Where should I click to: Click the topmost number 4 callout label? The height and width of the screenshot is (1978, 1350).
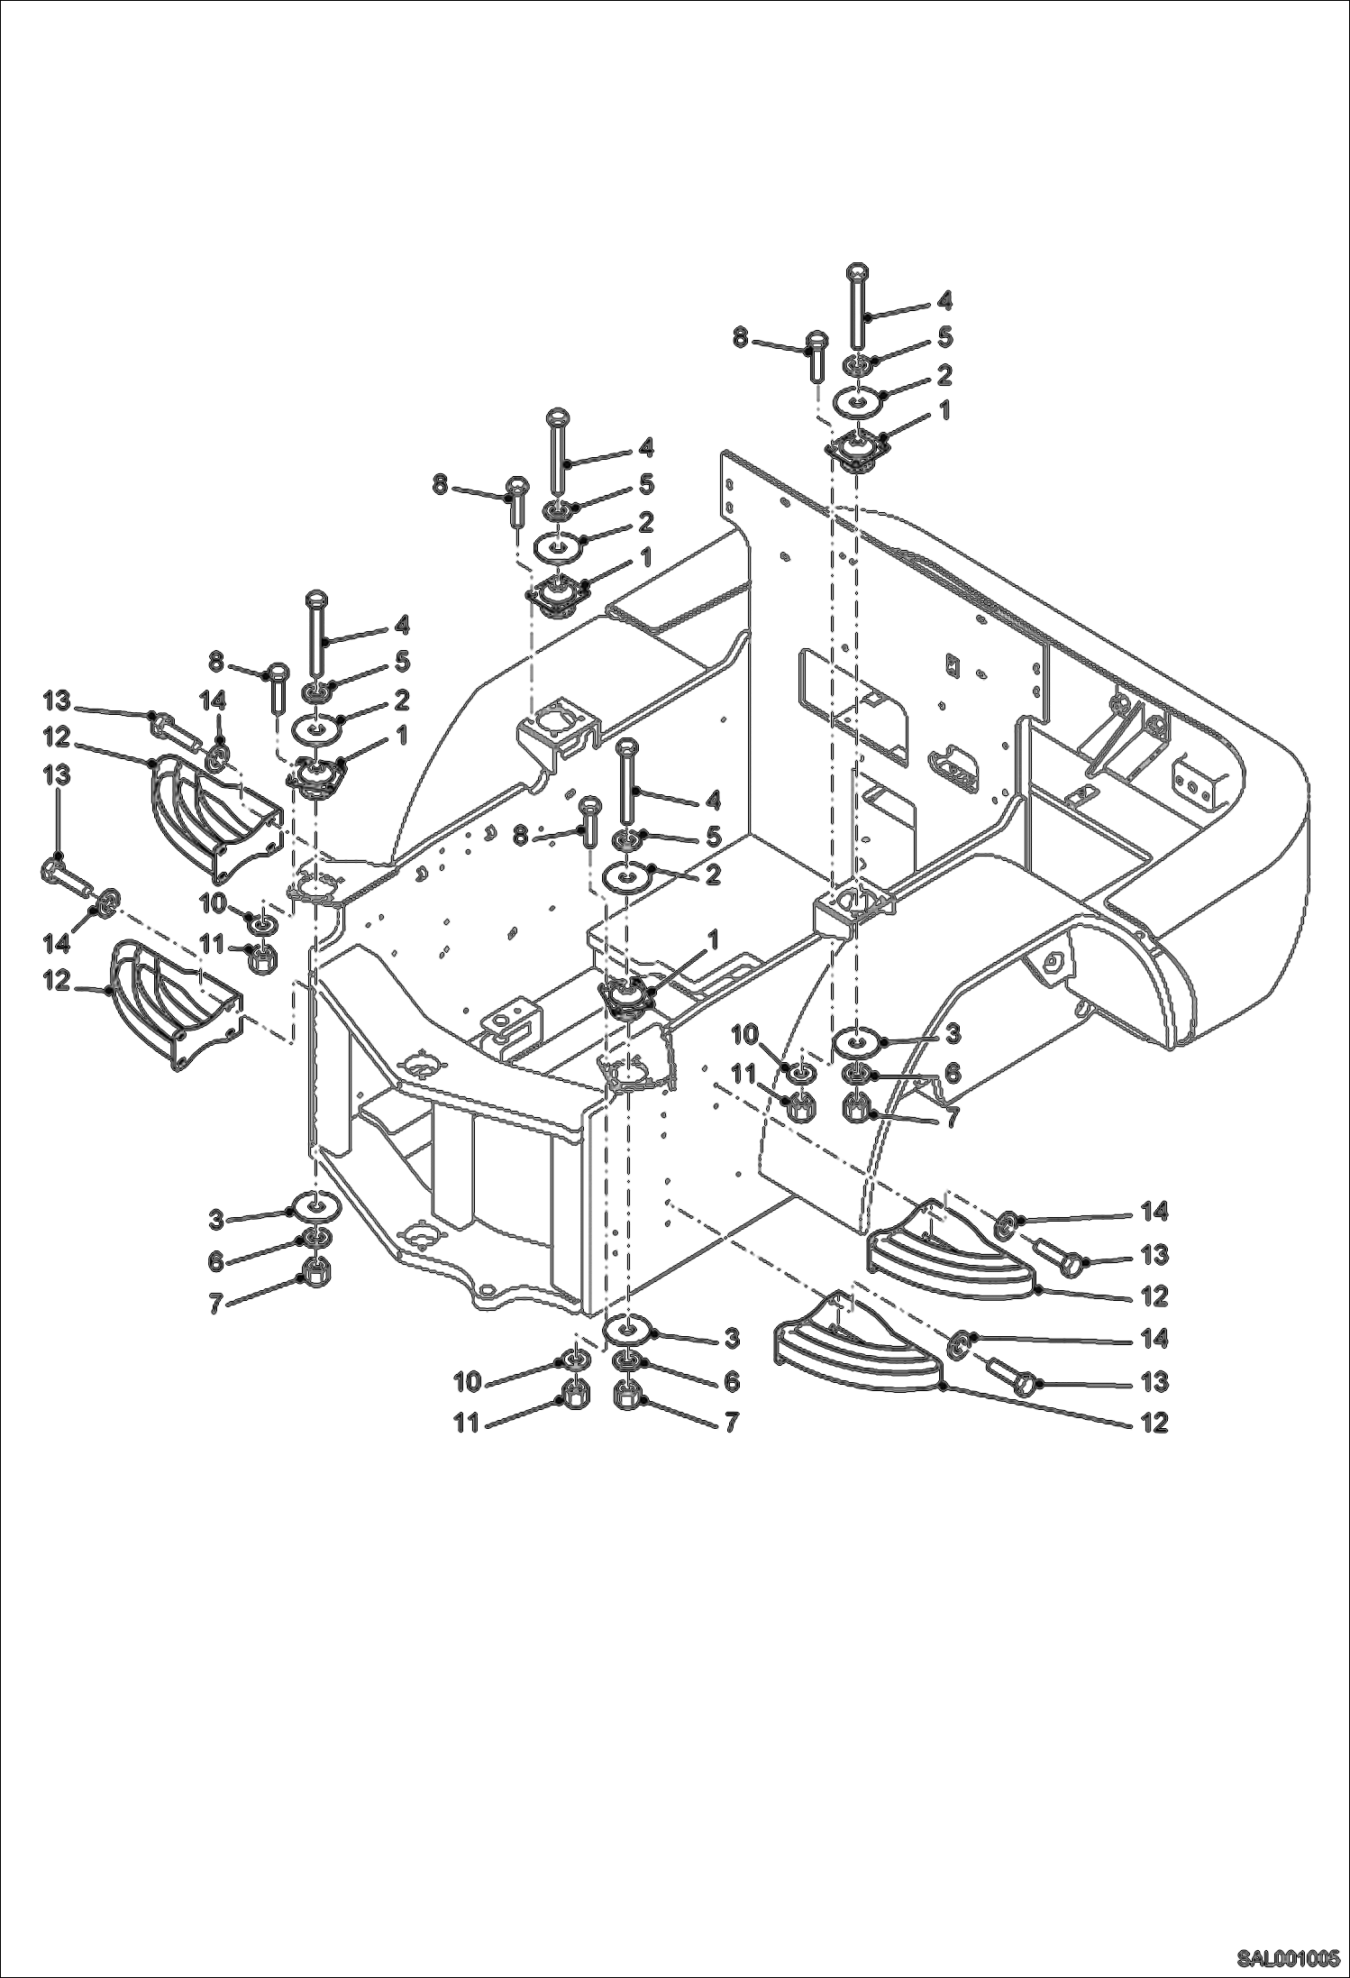[x=944, y=300]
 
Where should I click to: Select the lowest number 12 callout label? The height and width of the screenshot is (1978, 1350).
[x=1154, y=1423]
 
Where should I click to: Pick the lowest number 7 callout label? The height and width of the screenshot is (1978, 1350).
[x=730, y=1423]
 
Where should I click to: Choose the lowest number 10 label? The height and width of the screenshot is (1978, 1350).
[x=467, y=1381]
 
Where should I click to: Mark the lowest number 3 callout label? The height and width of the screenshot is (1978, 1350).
[x=731, y=1339]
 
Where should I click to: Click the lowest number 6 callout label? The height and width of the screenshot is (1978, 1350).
[x=731, y=1381]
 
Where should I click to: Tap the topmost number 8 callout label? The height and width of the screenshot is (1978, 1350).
[x=740, y=337]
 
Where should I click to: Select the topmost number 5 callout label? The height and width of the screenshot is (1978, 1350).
[x=944, y=336]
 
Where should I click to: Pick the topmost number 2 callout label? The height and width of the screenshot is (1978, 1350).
[x=944, y=374]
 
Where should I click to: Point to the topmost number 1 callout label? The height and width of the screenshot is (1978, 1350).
[x=944, y=411]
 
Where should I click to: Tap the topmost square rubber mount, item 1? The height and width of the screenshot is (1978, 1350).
[x=854, y=449]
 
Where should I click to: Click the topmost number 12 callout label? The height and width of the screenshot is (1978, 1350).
[x=56, y=737]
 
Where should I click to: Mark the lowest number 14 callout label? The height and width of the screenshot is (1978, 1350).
[x=1154, y=1339]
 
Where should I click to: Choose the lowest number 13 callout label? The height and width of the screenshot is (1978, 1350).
[x=1154, y=1381]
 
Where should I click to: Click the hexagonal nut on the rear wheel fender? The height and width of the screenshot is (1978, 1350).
[x=1054, y=963]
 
